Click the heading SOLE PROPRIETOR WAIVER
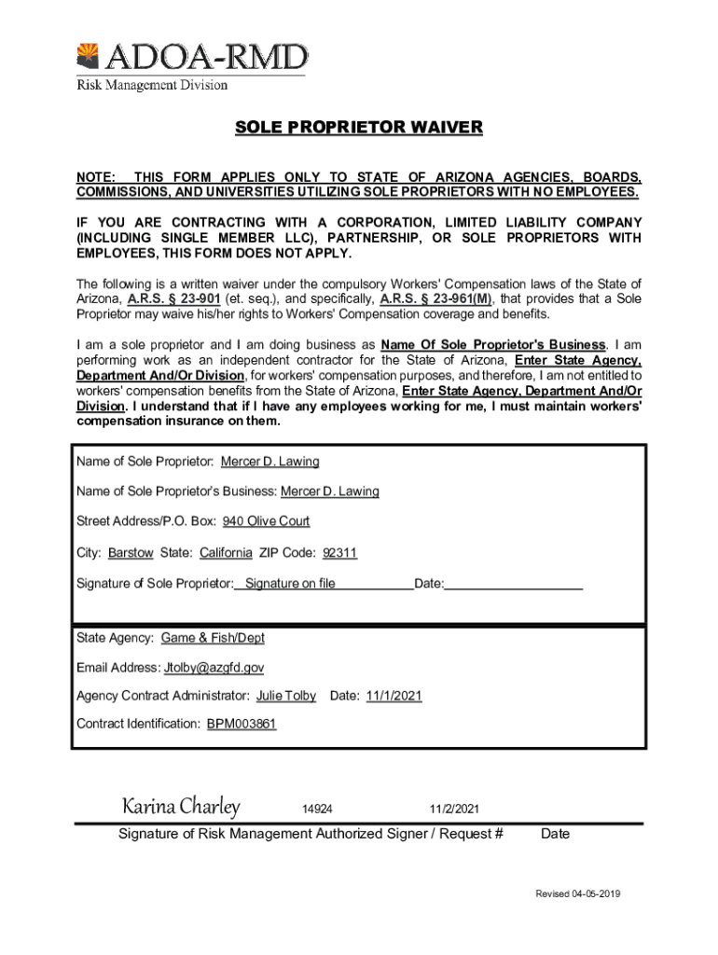[358, 127]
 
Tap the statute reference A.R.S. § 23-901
[173, 298]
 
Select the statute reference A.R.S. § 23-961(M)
[435, 298]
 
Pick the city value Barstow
[131, 553]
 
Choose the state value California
[226, 553]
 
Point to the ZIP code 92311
[339, 553]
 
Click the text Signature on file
[290, 585]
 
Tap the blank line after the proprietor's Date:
[514, 585]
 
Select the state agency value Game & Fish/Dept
[213, 639]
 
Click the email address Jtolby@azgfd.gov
[214, 668]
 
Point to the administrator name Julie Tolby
[286, 697]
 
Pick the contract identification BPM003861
[242, 724]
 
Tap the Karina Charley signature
[182, 806]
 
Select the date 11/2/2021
[454, 809]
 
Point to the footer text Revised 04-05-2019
[577, 894]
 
